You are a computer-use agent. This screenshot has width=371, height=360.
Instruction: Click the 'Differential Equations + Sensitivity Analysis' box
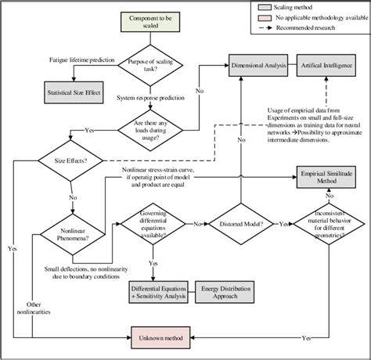point(148,294)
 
